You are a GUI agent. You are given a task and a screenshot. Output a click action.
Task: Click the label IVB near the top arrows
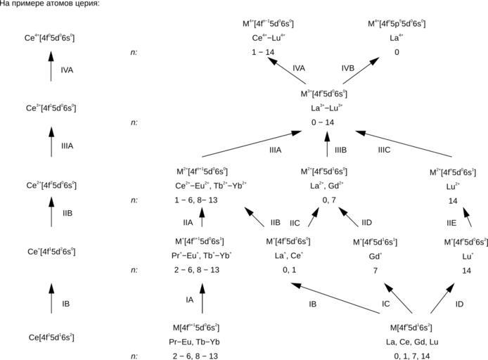point(347,68)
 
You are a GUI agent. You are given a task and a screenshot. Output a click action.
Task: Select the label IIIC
point(384,150)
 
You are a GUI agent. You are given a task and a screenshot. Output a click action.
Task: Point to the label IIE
point(432,223)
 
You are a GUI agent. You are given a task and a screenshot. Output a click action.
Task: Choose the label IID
point(367,223)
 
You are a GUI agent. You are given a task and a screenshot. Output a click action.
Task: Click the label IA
point(189,300)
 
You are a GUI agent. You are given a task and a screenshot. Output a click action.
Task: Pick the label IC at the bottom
point(385,304)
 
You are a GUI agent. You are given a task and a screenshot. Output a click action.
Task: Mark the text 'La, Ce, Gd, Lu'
point(411,342)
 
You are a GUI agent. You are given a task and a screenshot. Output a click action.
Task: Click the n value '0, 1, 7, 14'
point(411,356)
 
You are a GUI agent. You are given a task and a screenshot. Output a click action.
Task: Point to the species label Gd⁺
point(376,256)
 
